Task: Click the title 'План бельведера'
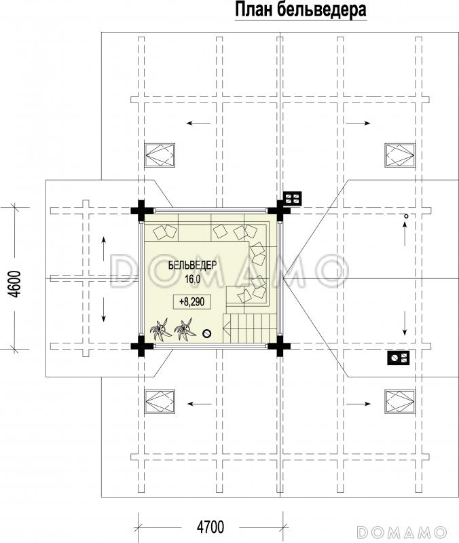coord(301,10)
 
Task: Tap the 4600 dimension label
coord(16,284)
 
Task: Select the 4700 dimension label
coord(210,527)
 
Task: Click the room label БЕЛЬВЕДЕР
coord(192,265)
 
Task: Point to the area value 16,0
coord(193,279)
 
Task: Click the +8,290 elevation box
coord(192,302)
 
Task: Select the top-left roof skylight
coord(160,155)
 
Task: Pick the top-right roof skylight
coord(400,155)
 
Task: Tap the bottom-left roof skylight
coord(160,402)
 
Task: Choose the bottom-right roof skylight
coord(400,402)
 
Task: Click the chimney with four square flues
coord(293,198)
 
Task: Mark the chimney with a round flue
coord(399,358)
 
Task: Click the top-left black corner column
coord(141,210)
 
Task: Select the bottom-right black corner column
coord(279,345)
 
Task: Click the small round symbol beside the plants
coord(207,333)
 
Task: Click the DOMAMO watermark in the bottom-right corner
coord(402,532)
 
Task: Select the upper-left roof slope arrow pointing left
coord(198,123)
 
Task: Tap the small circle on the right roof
coord(406,216)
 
